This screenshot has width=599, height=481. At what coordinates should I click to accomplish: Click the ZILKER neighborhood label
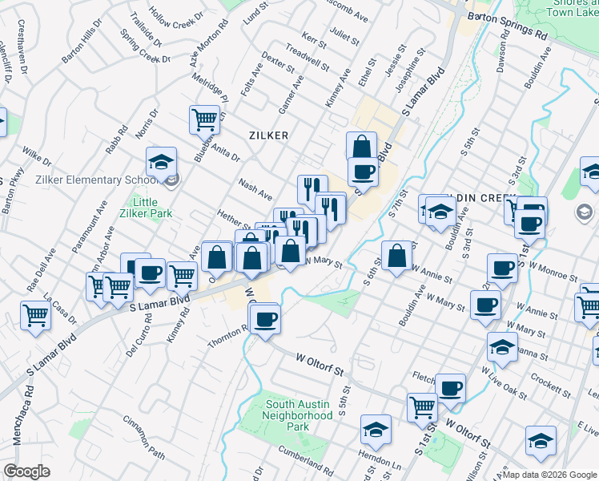(x=268, y=135)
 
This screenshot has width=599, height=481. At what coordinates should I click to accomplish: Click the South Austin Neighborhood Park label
(x=299, y=415)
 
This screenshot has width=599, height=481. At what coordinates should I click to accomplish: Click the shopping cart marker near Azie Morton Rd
(x=204, y=120)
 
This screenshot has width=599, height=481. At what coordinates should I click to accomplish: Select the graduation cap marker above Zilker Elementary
(x=161, y=161)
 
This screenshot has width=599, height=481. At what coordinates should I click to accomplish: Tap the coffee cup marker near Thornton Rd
(x=265, y=320)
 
